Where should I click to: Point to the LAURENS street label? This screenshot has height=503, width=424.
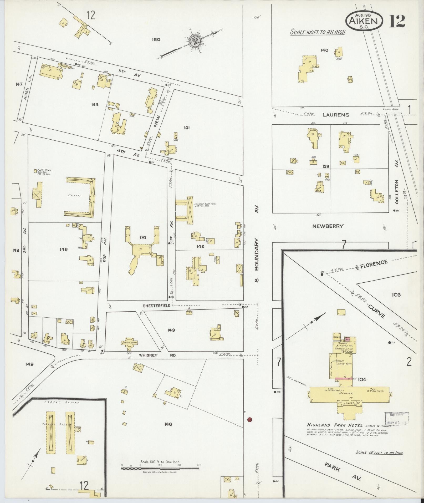[x=336, y=115]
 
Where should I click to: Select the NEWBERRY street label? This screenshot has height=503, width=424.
[x=328, y=226]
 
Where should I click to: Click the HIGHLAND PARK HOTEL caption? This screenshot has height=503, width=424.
[x=335, y=425]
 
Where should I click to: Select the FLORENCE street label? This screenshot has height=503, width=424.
[x=374, y=264]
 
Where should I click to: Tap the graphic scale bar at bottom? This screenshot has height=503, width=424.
[x=160, y=284]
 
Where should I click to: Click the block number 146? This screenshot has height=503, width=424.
[x=168, y=424]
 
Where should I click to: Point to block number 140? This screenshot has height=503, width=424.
[x=324, y=50]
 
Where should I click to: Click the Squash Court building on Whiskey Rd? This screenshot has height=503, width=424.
[x=129, y=344]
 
